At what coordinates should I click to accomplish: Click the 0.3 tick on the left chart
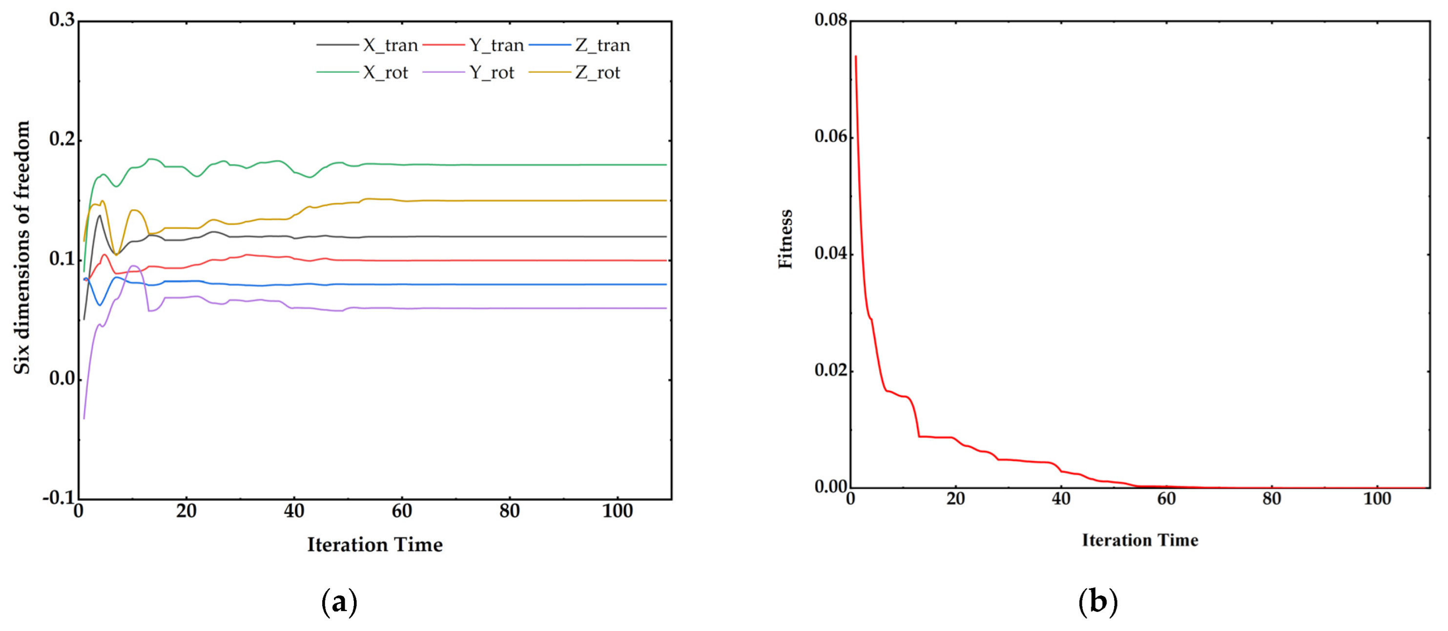(62, 20)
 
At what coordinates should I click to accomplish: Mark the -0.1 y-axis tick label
(59, 498)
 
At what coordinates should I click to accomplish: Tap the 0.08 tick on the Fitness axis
(830, 20)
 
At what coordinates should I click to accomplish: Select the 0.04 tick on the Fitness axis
(830, 253)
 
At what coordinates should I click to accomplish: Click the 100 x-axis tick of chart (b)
(1377, 499)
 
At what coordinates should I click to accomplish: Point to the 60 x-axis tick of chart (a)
(402, 511)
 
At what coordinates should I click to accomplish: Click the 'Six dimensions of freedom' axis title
(22, 247)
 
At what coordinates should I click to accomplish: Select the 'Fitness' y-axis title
(786, 239)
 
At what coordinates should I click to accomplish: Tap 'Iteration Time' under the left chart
(374, 545)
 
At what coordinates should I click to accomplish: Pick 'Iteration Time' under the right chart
(1140, 540)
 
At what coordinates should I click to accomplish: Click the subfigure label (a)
(339, 602)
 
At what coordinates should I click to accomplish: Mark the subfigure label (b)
(1098, 602)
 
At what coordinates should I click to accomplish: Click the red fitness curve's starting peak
(855, 56)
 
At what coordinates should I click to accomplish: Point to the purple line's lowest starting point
(84, 418)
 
